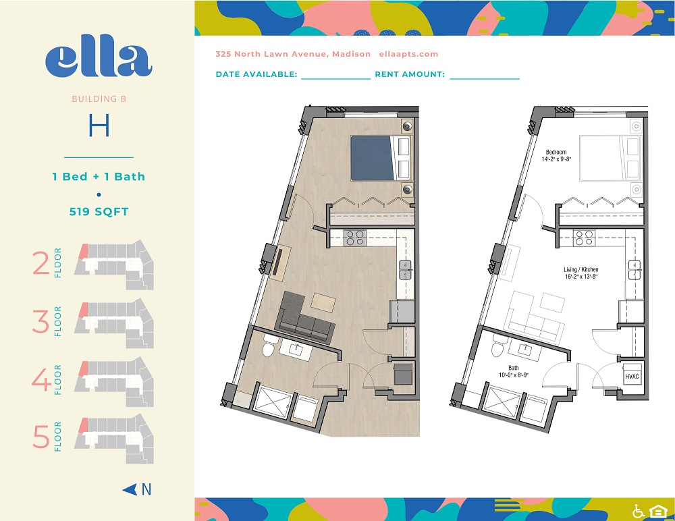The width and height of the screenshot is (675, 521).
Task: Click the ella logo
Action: coord(99,56)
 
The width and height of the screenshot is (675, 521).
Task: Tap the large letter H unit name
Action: coord(99,126)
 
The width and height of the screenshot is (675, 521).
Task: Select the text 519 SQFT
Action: coord(99,211)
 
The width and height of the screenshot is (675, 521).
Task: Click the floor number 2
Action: coord(41,263)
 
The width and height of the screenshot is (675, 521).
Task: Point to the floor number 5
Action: coord(41,437)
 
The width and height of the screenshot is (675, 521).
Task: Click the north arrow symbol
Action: coord(130,489)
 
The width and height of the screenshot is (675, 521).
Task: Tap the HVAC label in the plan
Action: coord(632,377)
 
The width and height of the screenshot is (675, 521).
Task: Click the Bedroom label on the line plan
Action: coord(556,152)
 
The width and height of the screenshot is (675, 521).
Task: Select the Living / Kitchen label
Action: coord(580,269)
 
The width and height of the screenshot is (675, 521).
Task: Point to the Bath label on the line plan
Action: coord(514,368)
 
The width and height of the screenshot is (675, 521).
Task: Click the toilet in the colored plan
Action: coord(269,346)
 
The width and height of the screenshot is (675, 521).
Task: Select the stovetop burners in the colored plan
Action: coord(355,238)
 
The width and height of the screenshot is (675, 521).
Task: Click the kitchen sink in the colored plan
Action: coord(406,270)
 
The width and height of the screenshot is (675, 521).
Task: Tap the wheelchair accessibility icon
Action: coord(639,511)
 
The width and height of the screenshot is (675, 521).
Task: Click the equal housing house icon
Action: coord(657,511)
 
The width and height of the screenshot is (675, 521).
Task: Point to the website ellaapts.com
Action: coord(408,54)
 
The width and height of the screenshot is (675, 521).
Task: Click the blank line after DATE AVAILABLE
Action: coord(335,79)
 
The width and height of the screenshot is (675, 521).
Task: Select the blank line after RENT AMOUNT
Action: coord(485,79)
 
